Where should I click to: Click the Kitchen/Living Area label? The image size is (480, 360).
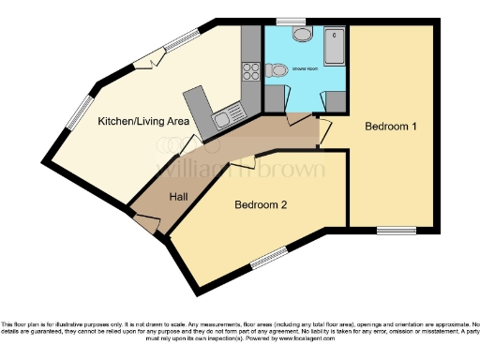pyautogui.click(x=144, y=121)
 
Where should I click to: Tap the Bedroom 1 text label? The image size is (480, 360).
pyautogui.click(x=391, y=127)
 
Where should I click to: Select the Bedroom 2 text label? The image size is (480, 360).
pyautogui.click(x=261, y=205)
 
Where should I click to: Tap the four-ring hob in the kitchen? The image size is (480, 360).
pyautogui.click(x=251, y=70)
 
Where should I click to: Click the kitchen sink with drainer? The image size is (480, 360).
pyautogui.click(x=223, y=118)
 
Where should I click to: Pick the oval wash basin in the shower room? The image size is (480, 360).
pyautogui.click(x=303, y=35)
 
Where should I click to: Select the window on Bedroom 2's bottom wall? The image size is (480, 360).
pyautogui.click(x=269, y=258)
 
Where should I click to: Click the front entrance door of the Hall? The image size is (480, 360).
pyautogui.click(x=145, y=223)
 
